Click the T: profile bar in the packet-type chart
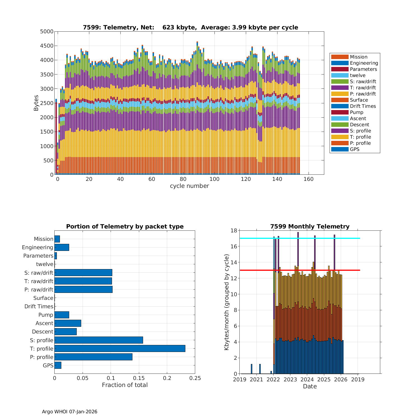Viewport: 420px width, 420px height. click(120, 349)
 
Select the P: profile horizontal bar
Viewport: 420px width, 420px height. click(93, 357)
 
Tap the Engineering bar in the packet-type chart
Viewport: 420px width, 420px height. click(62, 247)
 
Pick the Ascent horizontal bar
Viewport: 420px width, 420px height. click(68, 323)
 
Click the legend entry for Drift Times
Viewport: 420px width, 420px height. click(363, 106)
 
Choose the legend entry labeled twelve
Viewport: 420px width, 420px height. click(358, 75)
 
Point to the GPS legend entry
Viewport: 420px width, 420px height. click(354, 149)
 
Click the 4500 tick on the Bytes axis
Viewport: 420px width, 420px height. click(47, 46)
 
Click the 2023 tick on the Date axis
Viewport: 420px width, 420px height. click(290, 379)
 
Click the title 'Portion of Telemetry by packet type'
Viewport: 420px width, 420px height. click(125, 227)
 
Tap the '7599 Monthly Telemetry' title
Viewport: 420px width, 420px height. click(310, 227)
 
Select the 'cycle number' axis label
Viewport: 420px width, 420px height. click(189, 186)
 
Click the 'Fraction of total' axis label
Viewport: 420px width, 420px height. click(125, 385)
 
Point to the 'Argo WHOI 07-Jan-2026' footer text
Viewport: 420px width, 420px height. click(69, 412)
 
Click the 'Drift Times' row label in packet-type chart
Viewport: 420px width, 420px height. click(39, 306)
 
